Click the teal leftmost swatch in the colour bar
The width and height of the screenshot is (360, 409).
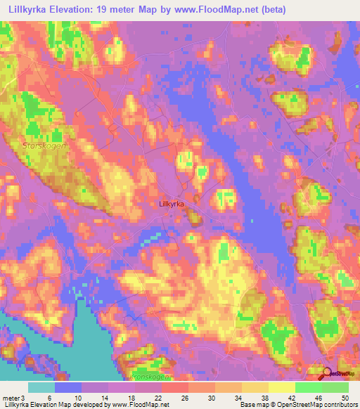click(x=41, y=388)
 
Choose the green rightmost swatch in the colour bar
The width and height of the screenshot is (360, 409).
click(x=335, y=388)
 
